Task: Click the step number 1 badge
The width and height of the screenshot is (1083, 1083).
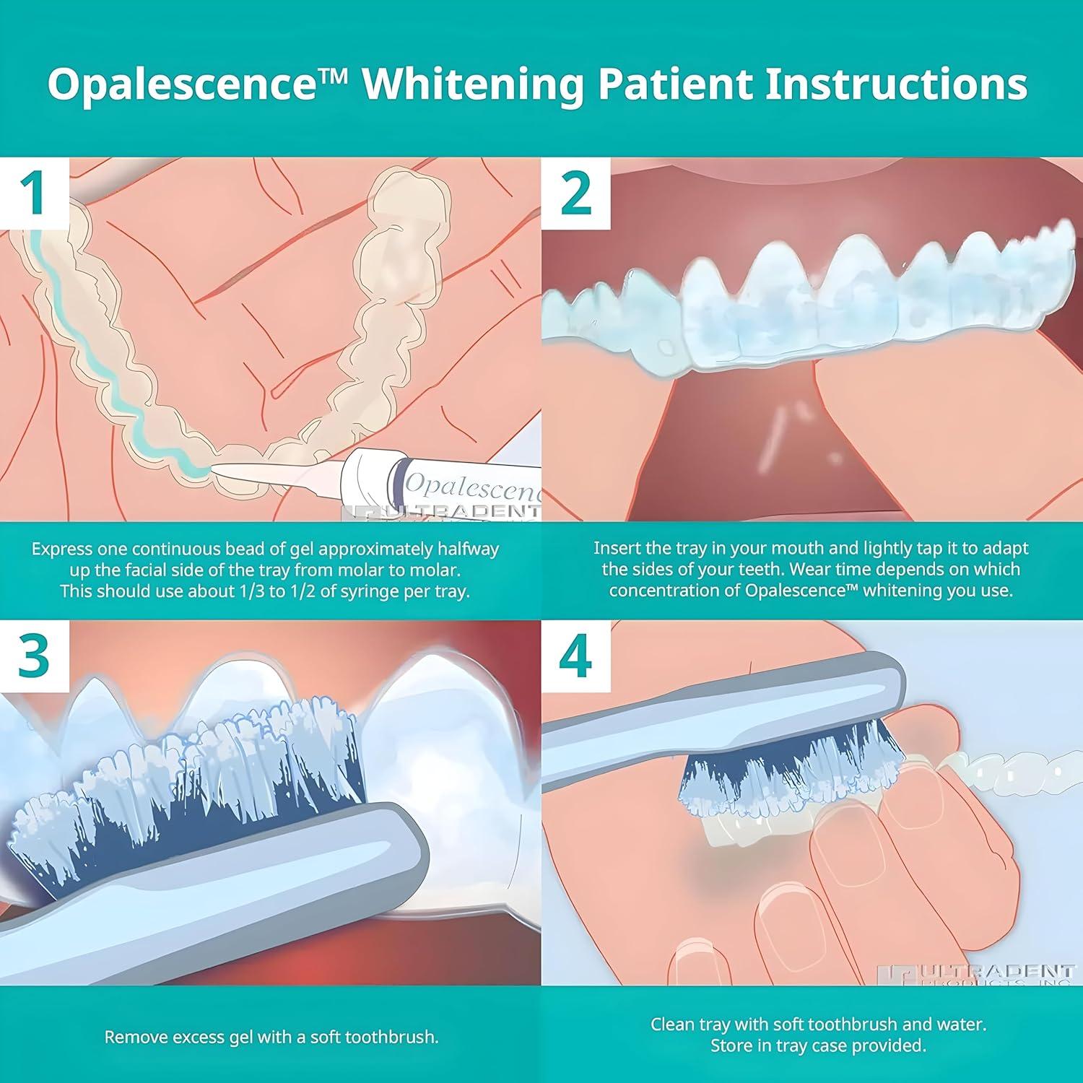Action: pos(35,193)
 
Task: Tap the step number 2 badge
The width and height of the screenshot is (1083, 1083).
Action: pos(575,193)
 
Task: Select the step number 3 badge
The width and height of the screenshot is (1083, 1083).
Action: pos(35,656)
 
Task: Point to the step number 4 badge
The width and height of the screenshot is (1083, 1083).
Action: pos(575,656)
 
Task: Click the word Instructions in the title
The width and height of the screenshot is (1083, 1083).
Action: pos(896,84)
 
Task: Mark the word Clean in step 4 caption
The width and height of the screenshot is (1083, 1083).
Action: pos(672,1024)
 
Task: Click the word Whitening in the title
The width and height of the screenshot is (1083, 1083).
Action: pos(474,84)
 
